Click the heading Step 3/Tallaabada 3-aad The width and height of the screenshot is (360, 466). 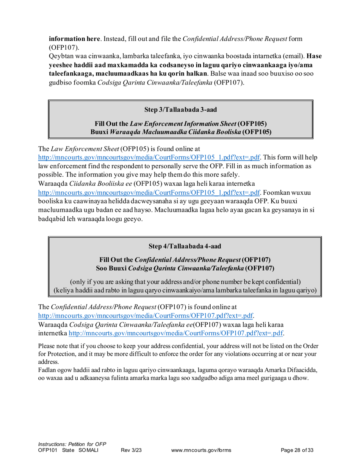point(180,109)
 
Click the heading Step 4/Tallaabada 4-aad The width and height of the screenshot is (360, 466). point(185,246)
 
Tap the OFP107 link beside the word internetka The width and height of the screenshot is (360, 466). point(176,333)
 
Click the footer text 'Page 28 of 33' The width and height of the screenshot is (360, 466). point(297,450)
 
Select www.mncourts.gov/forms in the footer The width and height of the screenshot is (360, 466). point(201,450)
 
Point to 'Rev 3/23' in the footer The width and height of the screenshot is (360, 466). point(131,450)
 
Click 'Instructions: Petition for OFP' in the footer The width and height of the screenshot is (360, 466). point(72,444)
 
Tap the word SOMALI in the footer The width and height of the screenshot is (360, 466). point(88,450)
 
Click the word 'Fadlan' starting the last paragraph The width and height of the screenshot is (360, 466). point(47,370)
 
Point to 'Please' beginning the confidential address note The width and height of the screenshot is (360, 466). point(47,346)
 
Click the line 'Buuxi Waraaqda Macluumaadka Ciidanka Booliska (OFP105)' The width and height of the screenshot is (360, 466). point(181,132)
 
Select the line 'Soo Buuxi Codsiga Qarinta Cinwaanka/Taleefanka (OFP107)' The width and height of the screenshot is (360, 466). point(185,268)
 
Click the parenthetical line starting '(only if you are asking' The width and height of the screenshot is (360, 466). point(185,282)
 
